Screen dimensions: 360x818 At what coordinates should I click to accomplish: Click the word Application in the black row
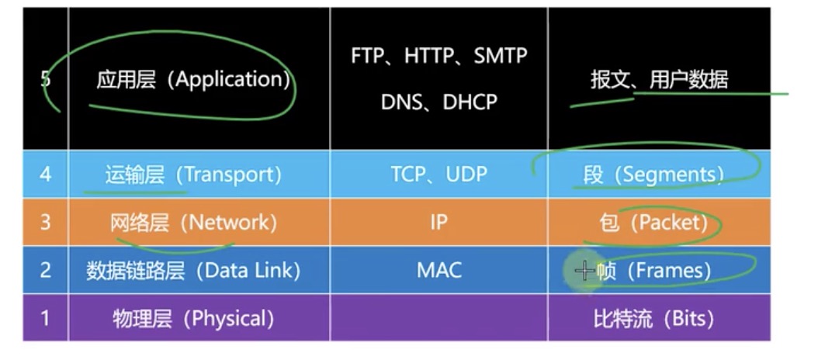(232, 79)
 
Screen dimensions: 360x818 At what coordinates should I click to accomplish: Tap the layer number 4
(45, 174)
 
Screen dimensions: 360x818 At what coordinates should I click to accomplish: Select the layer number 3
(45, 223)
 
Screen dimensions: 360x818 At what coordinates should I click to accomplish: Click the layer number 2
(45, 270)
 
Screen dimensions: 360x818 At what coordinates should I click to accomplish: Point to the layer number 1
(45, 318)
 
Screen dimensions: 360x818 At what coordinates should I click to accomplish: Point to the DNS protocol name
(401, 102)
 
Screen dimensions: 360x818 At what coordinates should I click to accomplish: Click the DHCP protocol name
(470, 102)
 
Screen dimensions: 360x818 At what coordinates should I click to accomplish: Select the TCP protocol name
(408, 175)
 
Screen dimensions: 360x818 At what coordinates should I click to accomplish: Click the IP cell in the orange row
(438, 223)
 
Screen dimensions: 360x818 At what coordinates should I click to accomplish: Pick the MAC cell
(438, 270)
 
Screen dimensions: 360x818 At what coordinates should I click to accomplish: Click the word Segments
(668, 175)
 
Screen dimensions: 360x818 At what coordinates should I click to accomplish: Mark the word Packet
(669, 223)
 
